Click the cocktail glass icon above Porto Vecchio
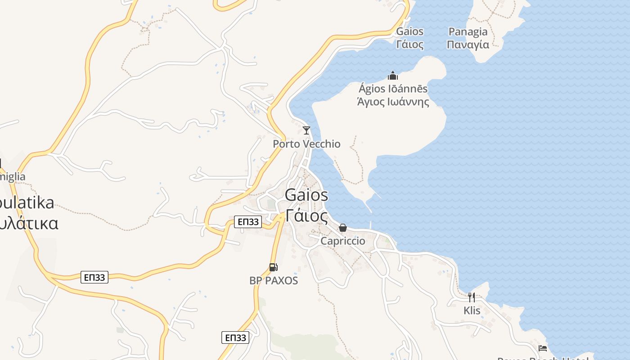[x=306, y=130]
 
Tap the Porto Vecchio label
[x=306, y=144]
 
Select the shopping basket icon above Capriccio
[x=343, y=228]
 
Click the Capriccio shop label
[x=343, y=241]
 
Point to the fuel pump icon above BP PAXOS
[x=273, y=267]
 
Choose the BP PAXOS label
[x=274, y=280]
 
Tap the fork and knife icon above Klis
[x=471, y=297]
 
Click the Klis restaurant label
[x=472, y=310]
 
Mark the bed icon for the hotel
[x=543, y=348]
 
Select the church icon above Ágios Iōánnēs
[x=393, y=76]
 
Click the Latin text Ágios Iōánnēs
[x=393, y=89]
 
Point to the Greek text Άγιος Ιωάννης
[x=393, y=102]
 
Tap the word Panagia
[x=468, y=31]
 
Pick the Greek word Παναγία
[x=468, y=45]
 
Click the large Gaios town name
[x=306, y=195]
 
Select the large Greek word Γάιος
[x=306, y=216]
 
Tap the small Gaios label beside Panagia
[x=409, y=31]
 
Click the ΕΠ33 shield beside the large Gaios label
[x=248, y=221]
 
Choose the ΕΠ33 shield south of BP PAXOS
[x=235, y=337]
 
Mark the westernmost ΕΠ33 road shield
[x=94, y=277]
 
